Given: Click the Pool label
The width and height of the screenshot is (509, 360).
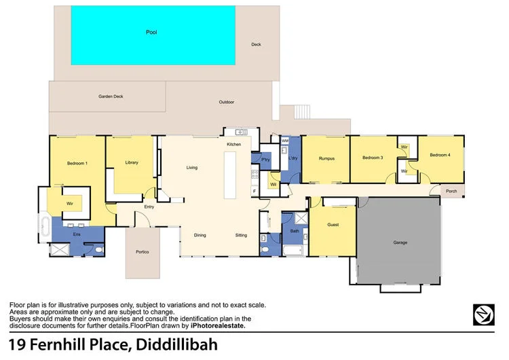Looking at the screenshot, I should click(151, 32).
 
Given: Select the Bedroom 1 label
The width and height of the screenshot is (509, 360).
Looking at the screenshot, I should click(77, 163).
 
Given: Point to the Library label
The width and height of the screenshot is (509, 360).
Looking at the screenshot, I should click(132, 162).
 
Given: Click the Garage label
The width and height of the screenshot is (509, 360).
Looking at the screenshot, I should click(400, 242).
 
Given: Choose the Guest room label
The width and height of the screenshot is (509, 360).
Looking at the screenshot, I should click(333, 224).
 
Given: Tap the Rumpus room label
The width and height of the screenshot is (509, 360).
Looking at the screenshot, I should click(327, 158).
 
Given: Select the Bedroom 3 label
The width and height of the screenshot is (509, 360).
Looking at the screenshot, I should click(373, 158).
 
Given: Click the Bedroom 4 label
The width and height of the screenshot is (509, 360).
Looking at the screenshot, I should click(440, 155).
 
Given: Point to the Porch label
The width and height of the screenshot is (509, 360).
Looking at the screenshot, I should click(451, 192).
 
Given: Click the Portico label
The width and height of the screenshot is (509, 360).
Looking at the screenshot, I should click(142, 252).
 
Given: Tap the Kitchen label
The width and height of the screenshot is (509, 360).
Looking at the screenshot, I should click(234, 145).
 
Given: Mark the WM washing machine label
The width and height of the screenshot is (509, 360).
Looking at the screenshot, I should click(285, 141).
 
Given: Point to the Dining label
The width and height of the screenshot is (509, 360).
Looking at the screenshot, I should click(200, 235).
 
